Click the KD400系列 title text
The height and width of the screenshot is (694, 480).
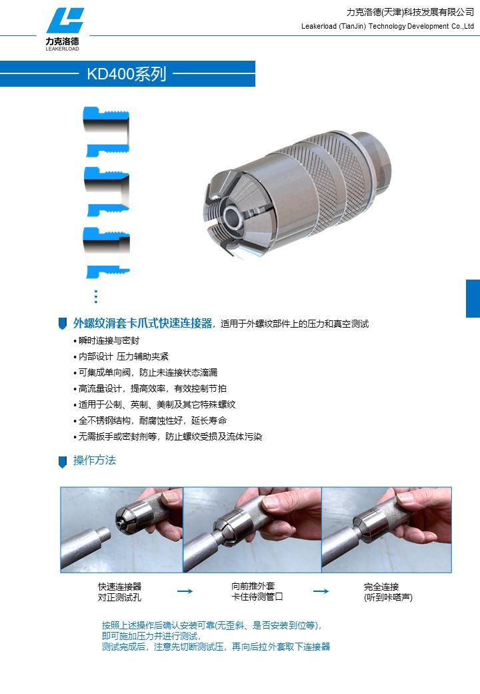(x=127, y=73)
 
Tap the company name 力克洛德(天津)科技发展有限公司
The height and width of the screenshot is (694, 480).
(x=410, y=12)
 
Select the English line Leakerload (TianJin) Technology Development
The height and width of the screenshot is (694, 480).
(x=387, y=26)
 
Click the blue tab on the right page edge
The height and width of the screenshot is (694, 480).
(x=473, y=298)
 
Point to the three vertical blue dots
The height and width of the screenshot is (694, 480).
(x=96, y=296)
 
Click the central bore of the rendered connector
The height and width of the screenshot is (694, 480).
(x=233, y=215)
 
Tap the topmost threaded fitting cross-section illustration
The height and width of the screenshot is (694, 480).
(x=106, y=128)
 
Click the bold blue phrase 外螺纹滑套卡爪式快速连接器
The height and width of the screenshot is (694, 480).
(x=143, y=324)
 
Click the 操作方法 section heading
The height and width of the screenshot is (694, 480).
(x=95, y=460)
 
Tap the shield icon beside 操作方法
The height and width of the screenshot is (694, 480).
(x=63, y=461)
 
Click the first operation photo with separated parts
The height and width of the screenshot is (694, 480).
(x=121, y=529)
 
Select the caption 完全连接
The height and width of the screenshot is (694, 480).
(x=381, y=587)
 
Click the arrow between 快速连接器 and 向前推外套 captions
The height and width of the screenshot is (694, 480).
(x=185, y=591)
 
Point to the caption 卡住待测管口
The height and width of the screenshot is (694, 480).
(x=257, y=597)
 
